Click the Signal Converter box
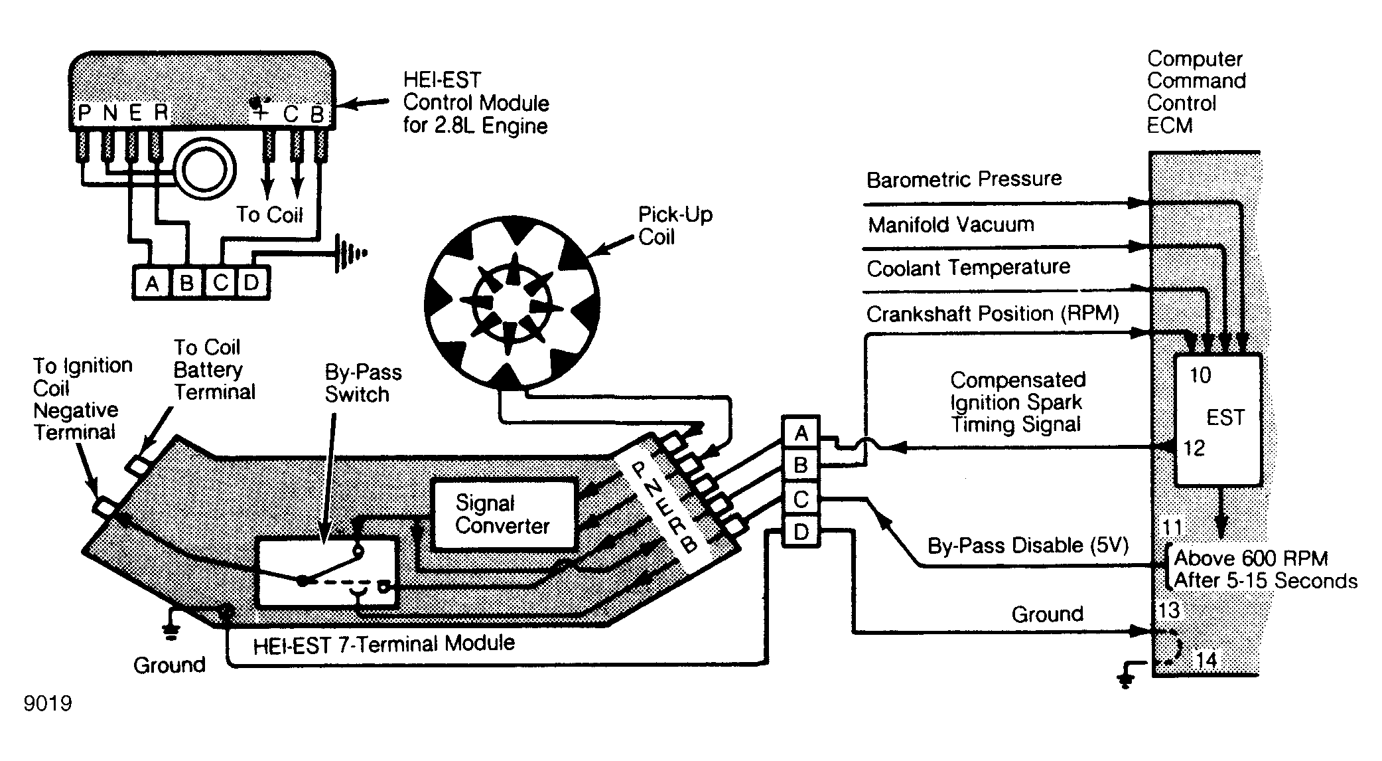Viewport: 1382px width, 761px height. (504, 515)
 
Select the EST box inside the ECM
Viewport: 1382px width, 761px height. (1218, 420)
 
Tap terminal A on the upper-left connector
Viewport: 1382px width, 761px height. (152, 284)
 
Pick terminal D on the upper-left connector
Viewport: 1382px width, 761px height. (251, 284)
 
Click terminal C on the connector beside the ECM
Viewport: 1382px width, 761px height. (801, 499)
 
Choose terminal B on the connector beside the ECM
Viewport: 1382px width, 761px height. (801, 465)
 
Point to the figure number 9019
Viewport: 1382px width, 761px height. (48, 703)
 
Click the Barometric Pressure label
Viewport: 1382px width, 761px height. (964, 179)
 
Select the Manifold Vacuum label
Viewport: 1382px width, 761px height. (951, 224)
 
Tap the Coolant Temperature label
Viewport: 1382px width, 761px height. (968, 268)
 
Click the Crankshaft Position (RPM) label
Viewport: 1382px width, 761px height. (993, 313)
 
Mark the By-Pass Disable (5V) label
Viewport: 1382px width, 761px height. (1028, 546)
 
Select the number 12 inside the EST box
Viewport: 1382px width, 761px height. (1194, 448)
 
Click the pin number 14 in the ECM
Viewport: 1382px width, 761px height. (1207, 660)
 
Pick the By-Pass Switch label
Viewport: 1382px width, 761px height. (363, 383)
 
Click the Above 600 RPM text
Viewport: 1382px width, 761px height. (1251, 558)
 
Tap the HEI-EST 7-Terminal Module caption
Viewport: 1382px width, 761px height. (383, 644)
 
